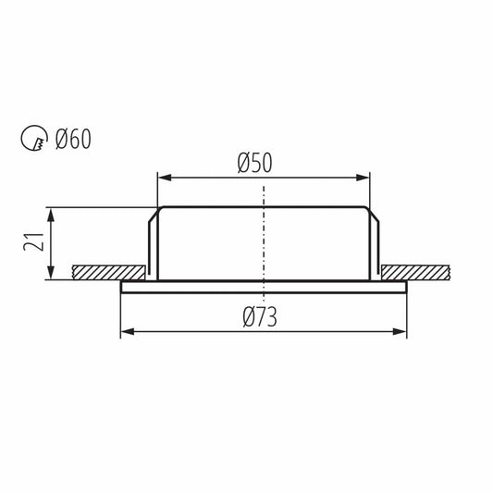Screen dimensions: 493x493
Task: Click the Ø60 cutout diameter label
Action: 73,139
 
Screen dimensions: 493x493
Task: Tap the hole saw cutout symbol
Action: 34,138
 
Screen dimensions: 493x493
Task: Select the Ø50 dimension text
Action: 254,163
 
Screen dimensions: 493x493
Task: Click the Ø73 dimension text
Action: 260,316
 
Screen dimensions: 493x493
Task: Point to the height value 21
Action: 33,241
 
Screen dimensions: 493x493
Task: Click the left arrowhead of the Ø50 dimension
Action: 165,178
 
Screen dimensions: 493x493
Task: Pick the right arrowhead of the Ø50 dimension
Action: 363,178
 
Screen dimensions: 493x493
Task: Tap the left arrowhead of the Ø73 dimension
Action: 128,331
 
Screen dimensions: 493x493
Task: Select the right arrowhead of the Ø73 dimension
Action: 400,331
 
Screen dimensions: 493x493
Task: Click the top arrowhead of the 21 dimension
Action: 51,215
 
